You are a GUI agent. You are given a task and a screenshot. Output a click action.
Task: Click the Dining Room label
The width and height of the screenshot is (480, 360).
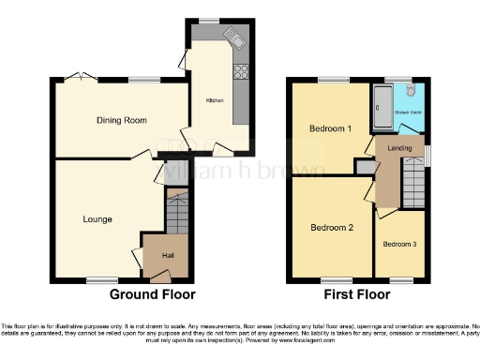123,120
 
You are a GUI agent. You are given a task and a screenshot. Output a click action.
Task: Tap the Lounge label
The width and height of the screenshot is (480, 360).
97,219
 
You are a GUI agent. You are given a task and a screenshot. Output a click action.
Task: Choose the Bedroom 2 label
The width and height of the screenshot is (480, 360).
331,227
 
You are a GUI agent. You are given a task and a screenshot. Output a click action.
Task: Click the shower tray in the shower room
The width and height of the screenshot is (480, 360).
382,109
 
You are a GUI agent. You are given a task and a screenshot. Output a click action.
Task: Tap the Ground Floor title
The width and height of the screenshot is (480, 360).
152,293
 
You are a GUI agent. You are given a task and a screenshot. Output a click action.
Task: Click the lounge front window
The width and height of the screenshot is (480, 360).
96,279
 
